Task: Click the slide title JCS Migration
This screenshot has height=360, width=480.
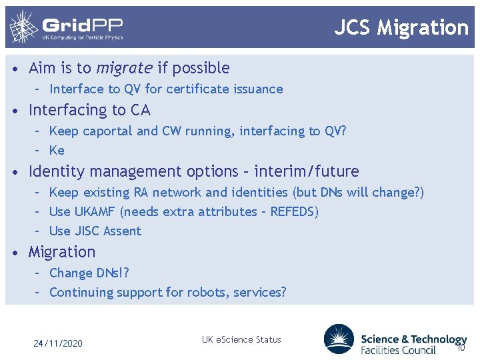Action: [401, 27]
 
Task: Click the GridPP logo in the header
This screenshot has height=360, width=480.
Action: [66, 27]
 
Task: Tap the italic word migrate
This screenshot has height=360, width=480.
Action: [124, 68]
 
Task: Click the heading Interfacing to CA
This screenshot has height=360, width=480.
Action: [89, 110]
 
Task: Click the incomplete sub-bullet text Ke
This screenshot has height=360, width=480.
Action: [57, 150]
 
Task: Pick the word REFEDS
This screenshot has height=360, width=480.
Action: [294, 211]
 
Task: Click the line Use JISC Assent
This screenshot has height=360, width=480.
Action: [95, 231]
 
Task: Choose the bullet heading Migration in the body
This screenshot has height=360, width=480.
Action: [62, 252]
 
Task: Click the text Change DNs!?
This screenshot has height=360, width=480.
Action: [89, 273]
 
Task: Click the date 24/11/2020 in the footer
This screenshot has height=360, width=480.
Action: [58, 343]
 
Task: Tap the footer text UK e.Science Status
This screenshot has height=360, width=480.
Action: [241, 339]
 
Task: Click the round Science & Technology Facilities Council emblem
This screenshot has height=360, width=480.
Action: [339, 339]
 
